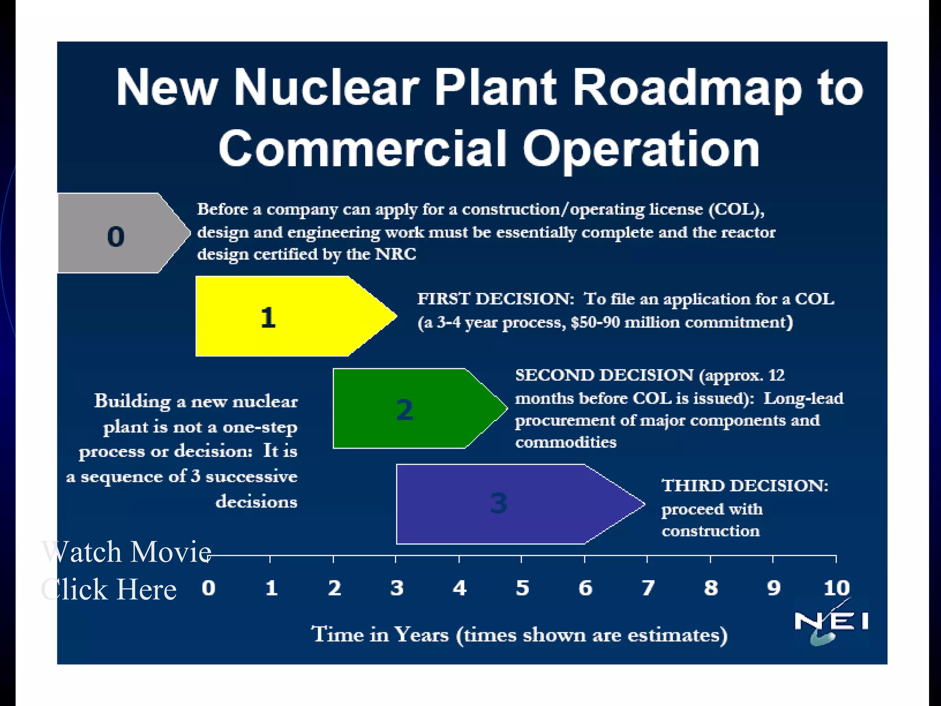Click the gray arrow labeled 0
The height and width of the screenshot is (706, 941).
point(117,233)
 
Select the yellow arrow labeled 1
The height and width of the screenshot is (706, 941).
point(285,316)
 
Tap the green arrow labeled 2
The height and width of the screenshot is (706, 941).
point(409,408)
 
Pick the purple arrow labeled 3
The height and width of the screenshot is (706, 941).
point(505,504)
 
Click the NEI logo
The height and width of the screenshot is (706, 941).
point(831,623)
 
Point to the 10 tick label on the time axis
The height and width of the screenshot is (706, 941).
point(836,588)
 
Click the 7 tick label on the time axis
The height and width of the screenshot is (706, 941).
point(648,588)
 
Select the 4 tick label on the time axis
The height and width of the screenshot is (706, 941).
point(459,588)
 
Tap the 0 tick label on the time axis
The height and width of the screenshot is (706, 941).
point(209,588)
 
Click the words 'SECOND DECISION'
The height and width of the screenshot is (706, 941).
point(604,375)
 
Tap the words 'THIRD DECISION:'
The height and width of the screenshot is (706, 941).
point(745,485)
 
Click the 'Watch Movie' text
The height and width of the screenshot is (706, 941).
point(126,552)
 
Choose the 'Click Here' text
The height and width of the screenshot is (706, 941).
point(109,589)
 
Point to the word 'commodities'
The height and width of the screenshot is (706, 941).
point(566,442)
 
